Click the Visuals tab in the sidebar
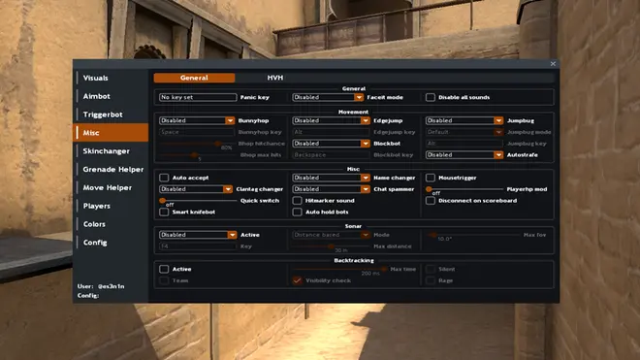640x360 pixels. (x=96, y=78)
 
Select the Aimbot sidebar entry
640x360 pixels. (x=97, y=96)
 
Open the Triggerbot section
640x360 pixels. (x=103, y=115)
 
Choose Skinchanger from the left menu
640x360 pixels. (x=107, y=151)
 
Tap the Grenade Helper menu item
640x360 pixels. (x=112, y=169)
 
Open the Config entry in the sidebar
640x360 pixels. (x=95, y=242)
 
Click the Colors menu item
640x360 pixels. (x=95, y=224)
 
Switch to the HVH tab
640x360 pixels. (x=275, y=78)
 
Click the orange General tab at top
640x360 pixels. (x=194, y=78)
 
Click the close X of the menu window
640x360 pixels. (x=554, y=64)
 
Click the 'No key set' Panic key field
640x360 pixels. (x=198, y=97)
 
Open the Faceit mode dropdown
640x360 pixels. (x=328, y=97)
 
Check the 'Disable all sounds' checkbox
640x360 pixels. (x=431, y=97)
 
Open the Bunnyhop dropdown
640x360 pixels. (x=198, y=120)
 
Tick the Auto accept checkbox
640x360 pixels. (x=164, y=178)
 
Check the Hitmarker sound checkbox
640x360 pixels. (x=298, y=201)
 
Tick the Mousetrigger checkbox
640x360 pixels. (x=431, y=178)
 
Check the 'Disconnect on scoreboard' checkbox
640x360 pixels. (x=431, y=201)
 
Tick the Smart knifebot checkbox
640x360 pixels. (x=164, y=212)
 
